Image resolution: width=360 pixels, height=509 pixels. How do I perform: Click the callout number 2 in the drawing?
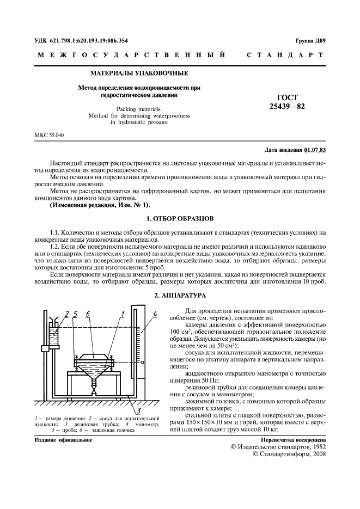pyautogui.click(x=67, y=314)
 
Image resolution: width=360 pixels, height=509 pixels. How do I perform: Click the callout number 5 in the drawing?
pyautogui.click(x=76, y=314)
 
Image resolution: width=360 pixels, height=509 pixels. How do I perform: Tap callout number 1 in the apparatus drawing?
pyautogui.click(x=124, y=313)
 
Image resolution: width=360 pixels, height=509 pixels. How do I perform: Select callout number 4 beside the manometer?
pyautogui.click(x=155, y=314)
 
